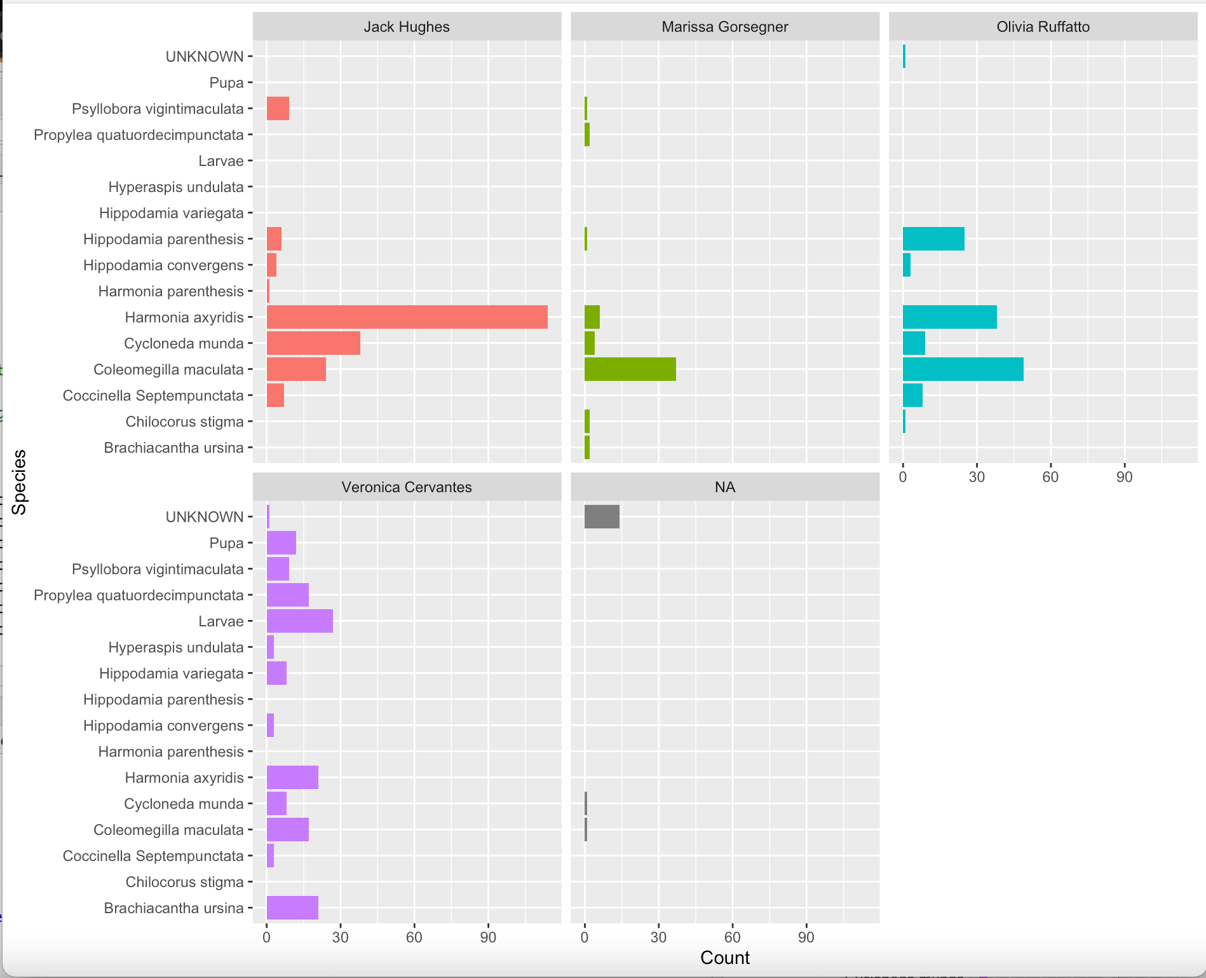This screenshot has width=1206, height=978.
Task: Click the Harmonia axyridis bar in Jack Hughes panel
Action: [407, 317]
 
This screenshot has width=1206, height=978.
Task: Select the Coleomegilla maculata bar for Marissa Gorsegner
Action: [630, 369]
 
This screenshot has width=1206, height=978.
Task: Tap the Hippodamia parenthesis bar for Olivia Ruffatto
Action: [933, 238]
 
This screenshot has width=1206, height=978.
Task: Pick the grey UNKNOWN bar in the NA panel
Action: [601, 516]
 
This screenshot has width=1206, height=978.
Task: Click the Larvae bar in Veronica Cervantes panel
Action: [299, 621]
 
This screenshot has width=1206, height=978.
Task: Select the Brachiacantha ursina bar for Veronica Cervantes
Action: [292, 907]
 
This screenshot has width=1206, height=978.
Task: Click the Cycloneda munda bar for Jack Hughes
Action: [313, 343]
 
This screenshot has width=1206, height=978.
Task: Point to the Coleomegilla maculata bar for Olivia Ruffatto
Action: [963, 369]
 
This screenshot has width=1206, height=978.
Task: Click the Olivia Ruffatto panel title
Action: [1042, 27]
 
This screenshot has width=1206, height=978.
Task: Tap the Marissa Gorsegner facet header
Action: [724, 27]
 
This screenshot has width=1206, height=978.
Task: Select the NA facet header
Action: [724, 487]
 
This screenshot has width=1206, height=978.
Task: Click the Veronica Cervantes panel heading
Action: [407, 487]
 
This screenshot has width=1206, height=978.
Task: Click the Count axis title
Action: [724, 958]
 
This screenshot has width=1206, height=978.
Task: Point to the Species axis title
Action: [19, 482]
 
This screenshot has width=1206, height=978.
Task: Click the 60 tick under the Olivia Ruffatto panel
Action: [1050, 477]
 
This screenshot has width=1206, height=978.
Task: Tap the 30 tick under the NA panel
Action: [658, 937]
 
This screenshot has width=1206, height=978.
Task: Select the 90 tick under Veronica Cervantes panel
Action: [488, 937]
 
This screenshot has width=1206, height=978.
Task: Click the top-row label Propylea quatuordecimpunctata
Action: [139, 135]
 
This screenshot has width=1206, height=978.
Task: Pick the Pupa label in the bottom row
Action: [226, 543]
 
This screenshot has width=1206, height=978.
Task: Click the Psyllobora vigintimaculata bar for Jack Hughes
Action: [278, 108]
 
